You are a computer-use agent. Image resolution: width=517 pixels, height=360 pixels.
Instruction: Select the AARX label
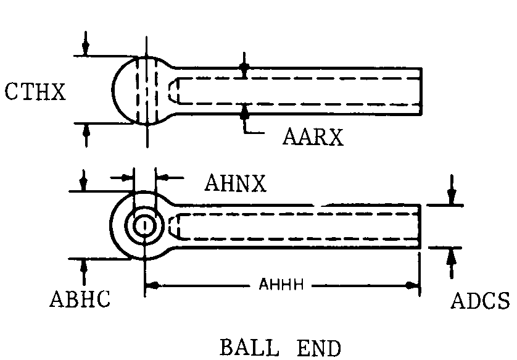tap(313, 136)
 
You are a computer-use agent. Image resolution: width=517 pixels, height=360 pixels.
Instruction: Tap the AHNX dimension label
tap(235, 183)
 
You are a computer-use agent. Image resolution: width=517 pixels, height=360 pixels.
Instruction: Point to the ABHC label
tap(80, 299)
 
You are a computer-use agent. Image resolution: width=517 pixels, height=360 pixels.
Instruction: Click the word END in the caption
tap(318, 347)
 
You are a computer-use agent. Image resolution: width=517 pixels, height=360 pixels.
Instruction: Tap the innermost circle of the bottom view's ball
tap(146, 226)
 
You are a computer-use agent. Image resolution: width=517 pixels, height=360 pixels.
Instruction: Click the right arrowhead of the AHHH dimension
tap(414, 285)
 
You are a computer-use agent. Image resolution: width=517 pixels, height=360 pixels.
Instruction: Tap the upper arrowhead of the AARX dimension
tap(245, 67)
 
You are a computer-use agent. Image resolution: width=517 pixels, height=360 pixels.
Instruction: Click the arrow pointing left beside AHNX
tap(162, 177)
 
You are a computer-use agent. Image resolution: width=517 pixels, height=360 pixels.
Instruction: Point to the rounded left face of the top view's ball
tap(115, 90)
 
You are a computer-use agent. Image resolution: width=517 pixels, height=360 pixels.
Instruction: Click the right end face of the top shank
tap(421, 91)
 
